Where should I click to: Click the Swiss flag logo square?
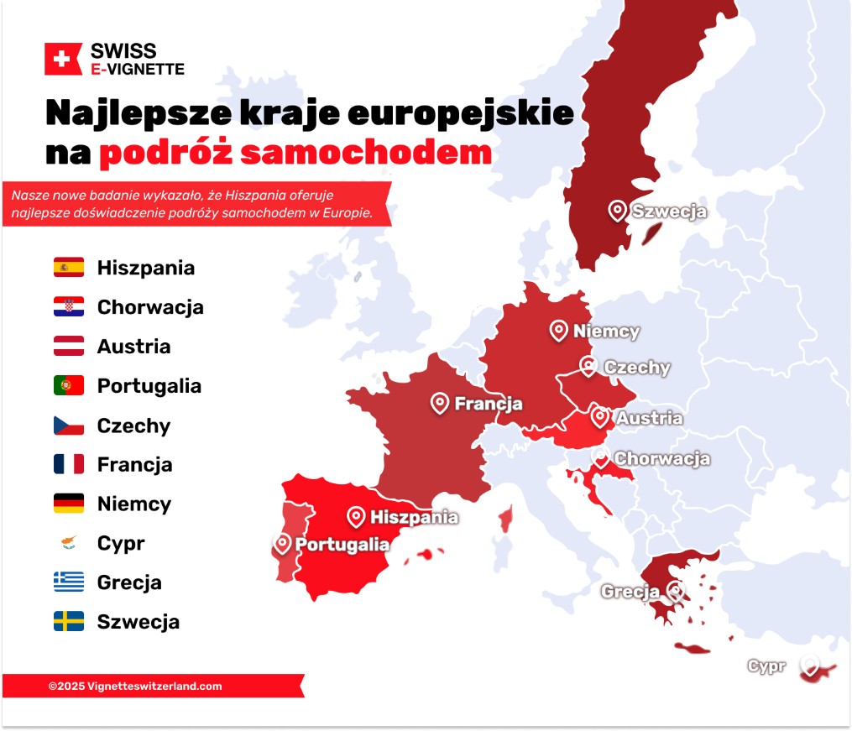coord(62,59)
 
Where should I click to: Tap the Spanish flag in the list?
coord(69,268)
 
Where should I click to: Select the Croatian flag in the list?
coord(69,307)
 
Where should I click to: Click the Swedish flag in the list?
coord(69,622)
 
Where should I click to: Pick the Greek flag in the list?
coord(69,582)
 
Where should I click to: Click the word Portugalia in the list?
coord(149,386)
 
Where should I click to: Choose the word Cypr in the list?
coord(121,544)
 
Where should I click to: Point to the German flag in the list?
coord(69,504)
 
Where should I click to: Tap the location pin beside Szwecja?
coord(618,211)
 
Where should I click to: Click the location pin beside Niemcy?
coord(559,331)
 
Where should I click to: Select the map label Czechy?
coord(637,368)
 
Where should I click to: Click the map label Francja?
coord(488,404)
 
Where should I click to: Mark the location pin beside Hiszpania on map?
coord(357,516)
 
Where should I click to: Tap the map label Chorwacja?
coord(661,459)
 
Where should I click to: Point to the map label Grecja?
coord(630,592)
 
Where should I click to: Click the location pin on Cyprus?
coord(810,666)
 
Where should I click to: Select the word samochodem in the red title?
coord(366,152)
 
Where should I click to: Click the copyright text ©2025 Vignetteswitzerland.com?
coord(135,686)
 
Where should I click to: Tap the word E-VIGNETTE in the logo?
coord(137,68)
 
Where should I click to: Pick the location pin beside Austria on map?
coord(599,416)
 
